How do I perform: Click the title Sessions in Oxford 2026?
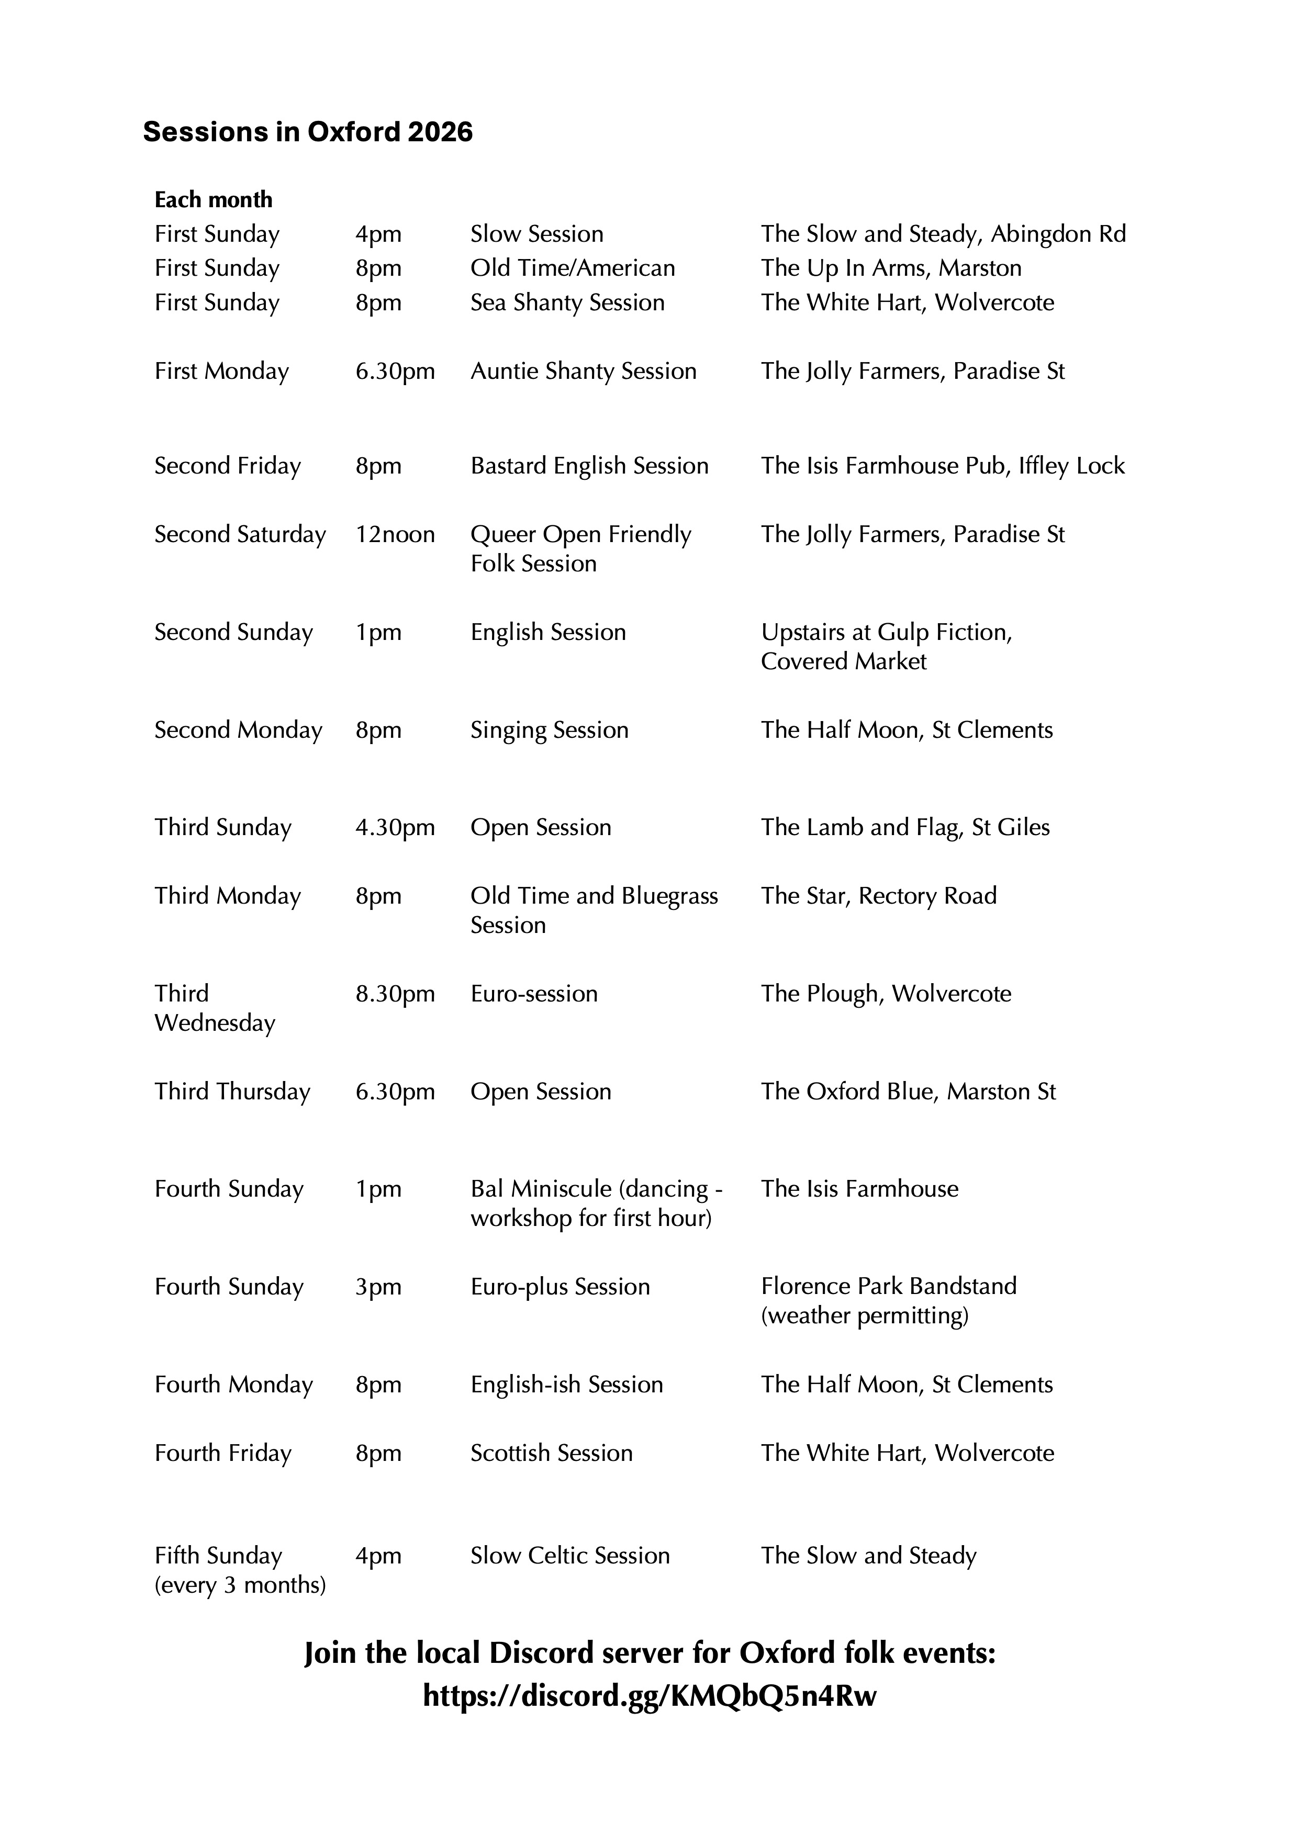pyautogui.click(x=308, y=132)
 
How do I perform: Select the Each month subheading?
pyautogui.click(x=214, y=200)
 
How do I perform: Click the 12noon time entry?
pyautogui.click(x=395, y=535)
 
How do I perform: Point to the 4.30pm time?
pyautogui.click(x=395, y=827)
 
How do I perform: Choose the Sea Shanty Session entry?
pyautogui.click(x=567, y=303)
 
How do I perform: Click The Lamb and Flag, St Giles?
pyautogui.click(x=905, y=827)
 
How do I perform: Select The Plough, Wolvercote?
pyautogui.click(x=886, y=994)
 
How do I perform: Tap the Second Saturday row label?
pyautogui.click(x=240, y=535)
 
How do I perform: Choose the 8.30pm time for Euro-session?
pyautogui.click(x=395, y=994)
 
